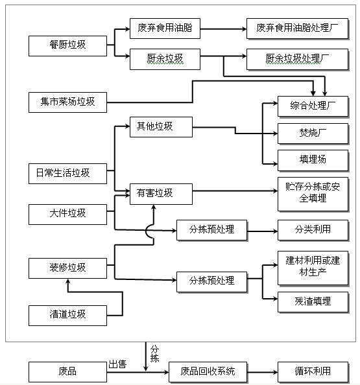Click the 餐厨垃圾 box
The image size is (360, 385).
pos(67,46)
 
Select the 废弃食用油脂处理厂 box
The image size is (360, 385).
pos(297,29)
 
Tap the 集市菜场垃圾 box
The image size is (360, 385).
pos(67,102)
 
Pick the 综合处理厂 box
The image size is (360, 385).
pos(313,106)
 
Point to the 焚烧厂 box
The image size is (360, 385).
pos(313,134)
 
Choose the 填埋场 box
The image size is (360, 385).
pos(313,160)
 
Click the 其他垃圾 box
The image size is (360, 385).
pos(161,127)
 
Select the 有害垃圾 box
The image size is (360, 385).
pos(161,194)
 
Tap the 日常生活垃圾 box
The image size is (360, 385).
pos(67,174)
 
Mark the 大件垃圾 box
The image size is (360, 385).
pos(67,215)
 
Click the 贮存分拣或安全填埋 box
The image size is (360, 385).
pos(313,194)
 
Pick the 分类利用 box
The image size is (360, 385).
pos(313,230)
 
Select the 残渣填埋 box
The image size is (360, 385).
pos(313,302)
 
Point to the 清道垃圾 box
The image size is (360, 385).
pos(67,316)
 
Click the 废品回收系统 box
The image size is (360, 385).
pos(208,372)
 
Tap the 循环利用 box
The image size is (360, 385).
pos(313,372)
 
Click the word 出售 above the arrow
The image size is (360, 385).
pos(117,364)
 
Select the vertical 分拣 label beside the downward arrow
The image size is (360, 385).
pos(154,354)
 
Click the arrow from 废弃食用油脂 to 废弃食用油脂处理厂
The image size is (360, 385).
pos(223,29)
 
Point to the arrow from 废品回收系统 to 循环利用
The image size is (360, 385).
pos(263,372)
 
